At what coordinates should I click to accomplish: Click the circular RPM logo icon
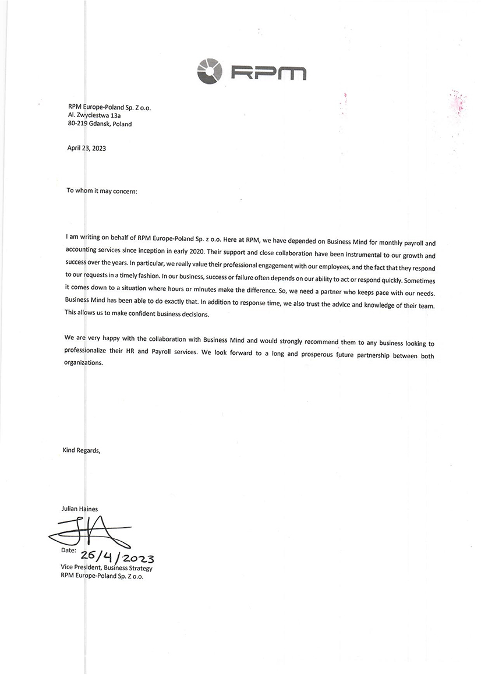click(x=209, y=71)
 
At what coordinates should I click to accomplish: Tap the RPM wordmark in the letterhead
click(x=268, y=72)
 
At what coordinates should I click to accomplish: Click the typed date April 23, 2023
click(x=87, y=148)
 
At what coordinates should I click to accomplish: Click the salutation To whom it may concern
click(x=102, y=190)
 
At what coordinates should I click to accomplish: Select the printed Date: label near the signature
click(x=68, y=549)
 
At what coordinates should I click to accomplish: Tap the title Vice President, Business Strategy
click(x=106, y=567)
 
